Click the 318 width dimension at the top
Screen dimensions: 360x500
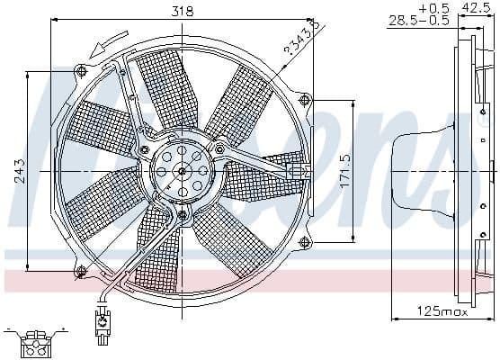point(183,13)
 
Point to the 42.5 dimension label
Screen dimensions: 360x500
point(475,8)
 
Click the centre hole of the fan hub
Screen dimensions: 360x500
point(183,171)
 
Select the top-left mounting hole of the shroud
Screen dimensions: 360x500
point(83,70)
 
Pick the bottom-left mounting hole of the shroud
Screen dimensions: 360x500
point(83,270)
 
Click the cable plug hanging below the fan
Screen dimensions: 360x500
point(102,320)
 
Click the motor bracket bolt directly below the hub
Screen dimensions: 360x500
point(183,215)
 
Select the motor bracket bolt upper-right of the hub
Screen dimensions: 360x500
point(220,148)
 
